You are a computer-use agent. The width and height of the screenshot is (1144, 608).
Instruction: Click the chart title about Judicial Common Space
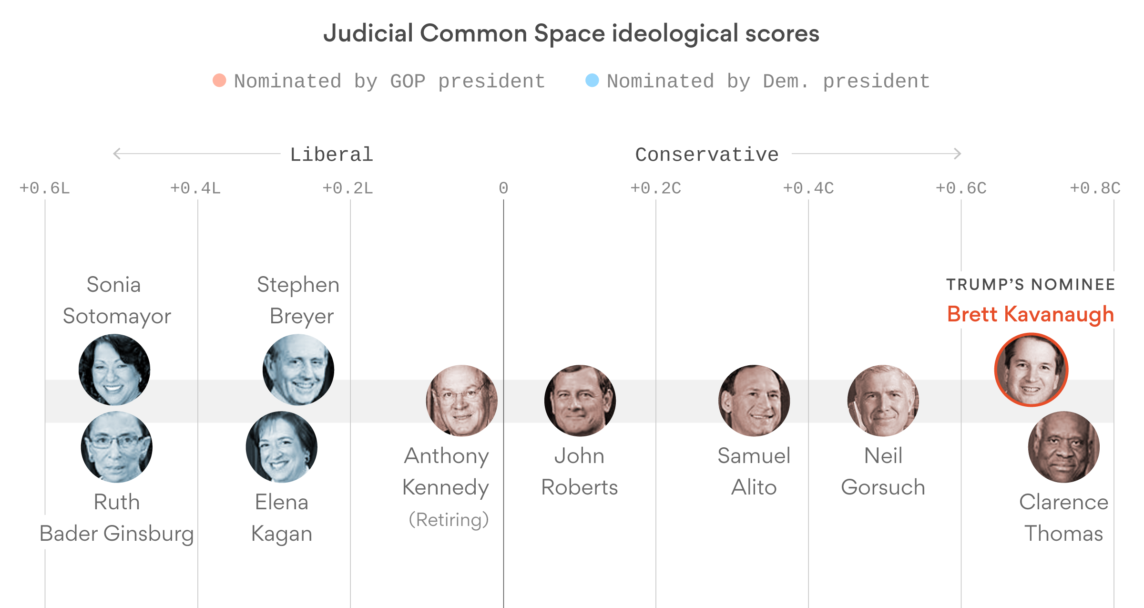tap(571, 34)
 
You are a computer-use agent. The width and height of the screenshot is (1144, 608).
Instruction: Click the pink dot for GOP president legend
tap(219, 80)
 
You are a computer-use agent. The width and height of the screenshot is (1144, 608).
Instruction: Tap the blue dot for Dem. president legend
tap(592, 80)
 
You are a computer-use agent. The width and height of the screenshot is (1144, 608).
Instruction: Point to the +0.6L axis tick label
tap(44, 188)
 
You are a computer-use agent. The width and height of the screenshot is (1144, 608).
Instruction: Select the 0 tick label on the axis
tap(503, 188)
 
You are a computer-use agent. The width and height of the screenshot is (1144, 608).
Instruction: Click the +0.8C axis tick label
tap(1095, 188)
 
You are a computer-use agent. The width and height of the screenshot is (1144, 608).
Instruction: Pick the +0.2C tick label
tap(655, 188)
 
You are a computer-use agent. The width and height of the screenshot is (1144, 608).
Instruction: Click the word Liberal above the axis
tap(331, 155)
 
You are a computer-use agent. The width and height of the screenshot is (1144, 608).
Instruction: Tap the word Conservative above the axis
tap(706, 155)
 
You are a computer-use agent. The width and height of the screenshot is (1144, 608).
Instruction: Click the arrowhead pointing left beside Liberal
tap(116, 154)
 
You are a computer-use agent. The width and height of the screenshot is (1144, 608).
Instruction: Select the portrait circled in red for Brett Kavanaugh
tap(1031, 370)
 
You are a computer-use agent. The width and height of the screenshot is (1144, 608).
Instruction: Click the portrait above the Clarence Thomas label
tap(1064, 447)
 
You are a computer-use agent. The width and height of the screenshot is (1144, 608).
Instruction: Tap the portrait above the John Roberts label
tap(580, 401)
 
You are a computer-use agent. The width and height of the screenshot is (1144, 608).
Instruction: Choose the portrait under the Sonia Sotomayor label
tap(114, 370)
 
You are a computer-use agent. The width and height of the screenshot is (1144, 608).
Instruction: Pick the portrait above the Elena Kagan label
tap(282, 447)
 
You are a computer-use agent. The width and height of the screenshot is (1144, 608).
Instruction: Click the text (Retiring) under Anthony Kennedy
tap(449, 519)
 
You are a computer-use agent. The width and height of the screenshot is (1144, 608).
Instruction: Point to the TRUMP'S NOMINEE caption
tap(1031, 285)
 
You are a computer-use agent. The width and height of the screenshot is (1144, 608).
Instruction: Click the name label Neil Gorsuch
tap(883, 471)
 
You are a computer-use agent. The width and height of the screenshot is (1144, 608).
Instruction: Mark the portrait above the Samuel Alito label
tap(754, 401)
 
